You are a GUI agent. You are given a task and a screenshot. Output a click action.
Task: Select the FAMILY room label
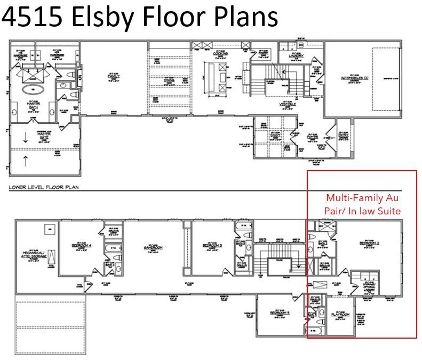113,76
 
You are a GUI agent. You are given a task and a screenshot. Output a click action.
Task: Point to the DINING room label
168,79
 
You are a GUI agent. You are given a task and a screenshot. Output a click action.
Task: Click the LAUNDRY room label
296,55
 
